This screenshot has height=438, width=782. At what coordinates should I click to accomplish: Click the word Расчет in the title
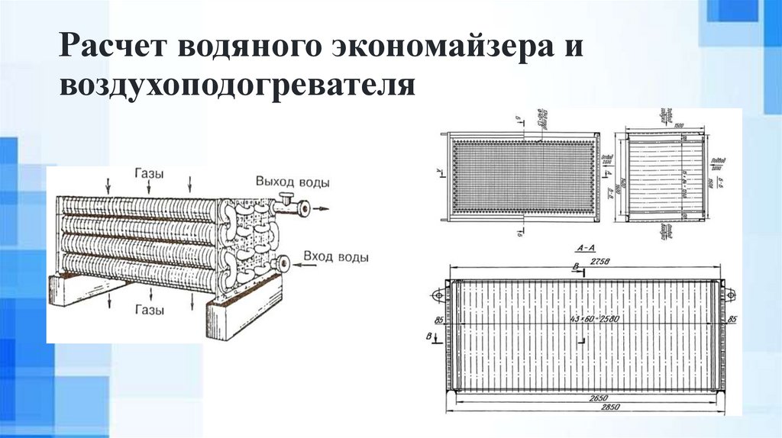(x=114, y=47)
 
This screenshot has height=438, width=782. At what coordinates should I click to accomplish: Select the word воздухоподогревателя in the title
(x=238, y=84)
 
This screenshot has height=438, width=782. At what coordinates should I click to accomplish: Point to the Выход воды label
(x=293, y=184)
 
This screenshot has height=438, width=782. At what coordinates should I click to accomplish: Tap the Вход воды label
(x=336, y=256)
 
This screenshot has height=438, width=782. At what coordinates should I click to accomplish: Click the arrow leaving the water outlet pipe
(x=324, y=207)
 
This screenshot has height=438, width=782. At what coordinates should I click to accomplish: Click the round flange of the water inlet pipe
(x=284, y=264)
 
